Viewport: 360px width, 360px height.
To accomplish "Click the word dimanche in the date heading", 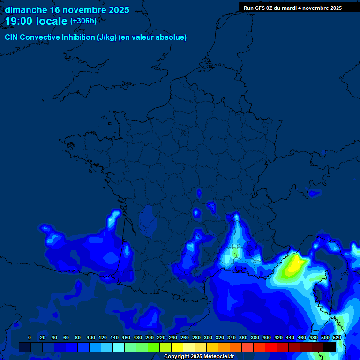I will point(26,10).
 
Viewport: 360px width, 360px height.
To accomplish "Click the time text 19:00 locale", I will point(36,21).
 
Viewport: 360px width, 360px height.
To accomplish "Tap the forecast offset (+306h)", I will point(83,21).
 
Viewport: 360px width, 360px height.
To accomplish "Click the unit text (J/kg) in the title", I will point(107,37).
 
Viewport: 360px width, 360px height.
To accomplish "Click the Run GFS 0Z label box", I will point(292,8).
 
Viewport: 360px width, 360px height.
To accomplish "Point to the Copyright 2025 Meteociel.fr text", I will point(199,357).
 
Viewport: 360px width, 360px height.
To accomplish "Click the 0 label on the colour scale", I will point(30,337).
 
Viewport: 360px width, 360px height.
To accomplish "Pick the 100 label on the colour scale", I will point(91,337).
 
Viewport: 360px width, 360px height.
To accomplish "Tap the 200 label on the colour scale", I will point(150,337).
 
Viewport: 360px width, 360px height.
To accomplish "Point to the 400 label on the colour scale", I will point(267,337).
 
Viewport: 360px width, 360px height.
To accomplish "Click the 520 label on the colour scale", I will point(337,337).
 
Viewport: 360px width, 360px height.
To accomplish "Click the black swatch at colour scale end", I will point(330,347).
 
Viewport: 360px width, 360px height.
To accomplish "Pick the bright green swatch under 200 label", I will point(154,347).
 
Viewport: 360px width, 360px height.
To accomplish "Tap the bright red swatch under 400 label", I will point(271,347).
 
